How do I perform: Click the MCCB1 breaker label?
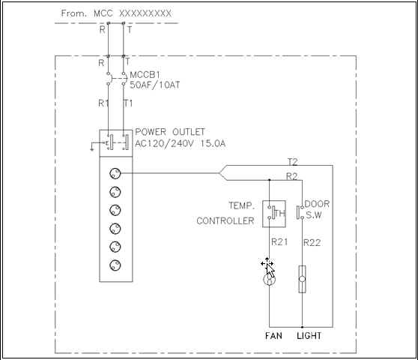pyautogui.click(x=145, y=75)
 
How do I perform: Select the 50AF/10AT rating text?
pyautogui.click(x=155, y=85)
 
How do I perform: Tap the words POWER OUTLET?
pyautogui.click(x=170, y=132)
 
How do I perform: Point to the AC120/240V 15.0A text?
pyautogui.click(x=181, y=143)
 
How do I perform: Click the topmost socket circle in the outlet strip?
pyautogui.click(x=115, y=173)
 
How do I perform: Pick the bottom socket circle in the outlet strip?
pyautogui.click(x=115, y=265)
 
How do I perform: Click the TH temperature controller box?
pyautogui.click(x=274, y=214)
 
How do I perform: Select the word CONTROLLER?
pyautogui.click(x=225, y=221)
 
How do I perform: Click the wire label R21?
pyautogui.click(x=279, y=242)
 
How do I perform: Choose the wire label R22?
pyautogui.click(x=312, y=243)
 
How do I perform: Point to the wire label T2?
pyautogui.click(x=292, y=162)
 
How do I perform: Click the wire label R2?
pyautogui.click(x=291, y=176)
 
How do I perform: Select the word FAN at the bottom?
pyautogui.click(x=273, y=336)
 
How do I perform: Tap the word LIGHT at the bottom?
pyautogui.click(x=309, y=336)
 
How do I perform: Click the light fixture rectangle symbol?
pyautogui.click(x=302, y=279)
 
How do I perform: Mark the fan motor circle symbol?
pyautogui.click(x=269, y=280)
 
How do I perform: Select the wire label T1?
pyautogui.click(x=128, y=103)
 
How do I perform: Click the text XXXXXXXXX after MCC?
pyautogui.click(x=145, y=13)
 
